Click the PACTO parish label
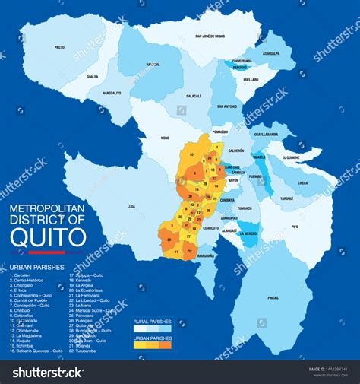point(59,47)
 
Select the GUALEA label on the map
point(92,76)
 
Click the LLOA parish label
point(131,205)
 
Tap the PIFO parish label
point(294,227)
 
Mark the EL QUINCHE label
point(292,157)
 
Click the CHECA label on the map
point(302,182)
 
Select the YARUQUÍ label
point(286,198)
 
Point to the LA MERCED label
point(248,233)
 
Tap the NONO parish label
point(165,138)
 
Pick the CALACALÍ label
point(194,96)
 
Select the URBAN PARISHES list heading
point(32,268)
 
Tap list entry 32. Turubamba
point(88,351)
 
